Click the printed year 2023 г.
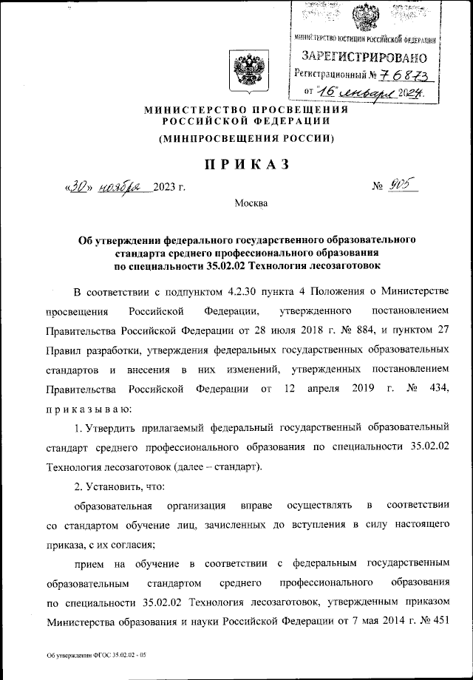click(x=169, y=186)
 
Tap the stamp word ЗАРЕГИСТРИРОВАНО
click(x=364, y=56)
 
